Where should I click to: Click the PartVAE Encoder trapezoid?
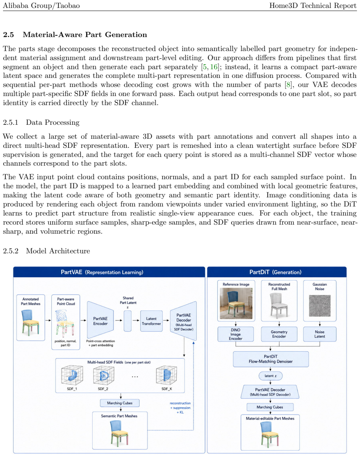101,320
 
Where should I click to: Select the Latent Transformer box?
151,321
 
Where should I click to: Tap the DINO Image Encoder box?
236,334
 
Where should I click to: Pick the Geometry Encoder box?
279,334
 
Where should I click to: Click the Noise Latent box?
320,334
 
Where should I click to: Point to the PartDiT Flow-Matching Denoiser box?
271,359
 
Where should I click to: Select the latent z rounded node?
271,376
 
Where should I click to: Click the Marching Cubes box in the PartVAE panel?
120,403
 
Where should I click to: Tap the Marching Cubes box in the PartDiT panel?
270,407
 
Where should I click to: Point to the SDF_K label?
167,389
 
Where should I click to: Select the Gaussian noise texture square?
320,306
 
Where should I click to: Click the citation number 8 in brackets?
288,85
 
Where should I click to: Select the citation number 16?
214,67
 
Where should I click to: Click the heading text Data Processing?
53,123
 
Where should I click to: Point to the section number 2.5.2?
11,251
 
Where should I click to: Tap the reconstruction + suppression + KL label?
180,408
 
